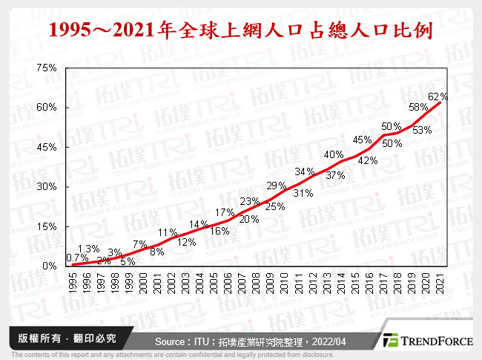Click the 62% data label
[x=438, y=96]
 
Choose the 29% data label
[x=277, y=186]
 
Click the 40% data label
[x=334, y=154]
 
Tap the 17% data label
[x=225, y=213]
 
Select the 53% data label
[x=423, y=130]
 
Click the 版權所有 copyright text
[x=63, y=338]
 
